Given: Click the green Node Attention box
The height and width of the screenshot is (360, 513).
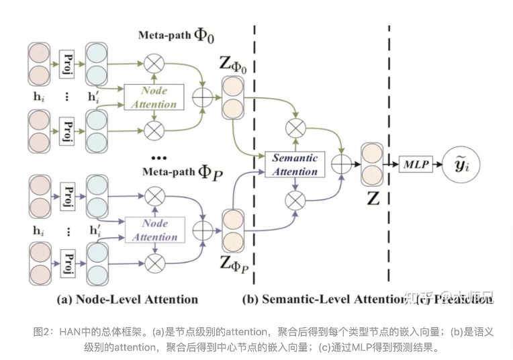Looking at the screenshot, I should pos(155,97).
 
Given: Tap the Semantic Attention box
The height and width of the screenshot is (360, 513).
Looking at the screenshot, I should pos(295,164).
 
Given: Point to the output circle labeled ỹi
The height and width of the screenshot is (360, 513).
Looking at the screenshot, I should pos(462,163).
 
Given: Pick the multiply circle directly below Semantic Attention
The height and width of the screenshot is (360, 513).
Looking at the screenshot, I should pos(295,199).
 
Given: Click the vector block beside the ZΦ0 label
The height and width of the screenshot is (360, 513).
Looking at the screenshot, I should pos(231,97).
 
